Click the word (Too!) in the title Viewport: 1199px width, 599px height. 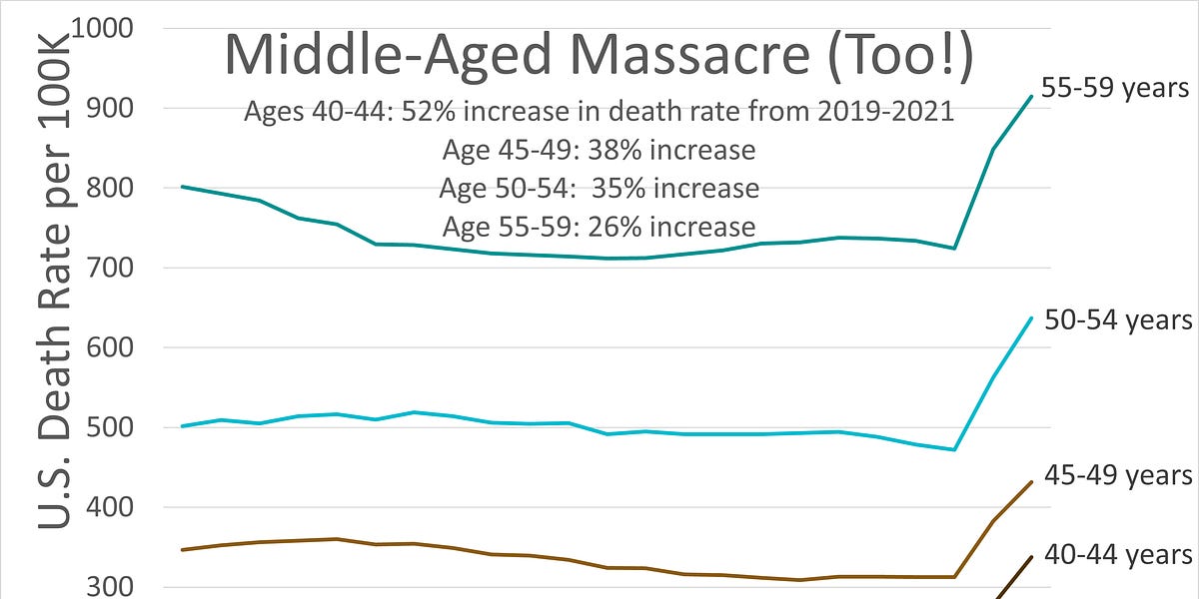point(885,56)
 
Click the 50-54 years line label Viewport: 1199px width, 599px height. point(1117,319)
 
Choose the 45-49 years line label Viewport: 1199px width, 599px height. point(1117,476)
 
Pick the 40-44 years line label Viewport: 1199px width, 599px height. point(1117,554)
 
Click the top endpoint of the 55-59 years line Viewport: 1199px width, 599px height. point(1031,96)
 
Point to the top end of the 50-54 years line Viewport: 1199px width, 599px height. point(1031,317)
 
